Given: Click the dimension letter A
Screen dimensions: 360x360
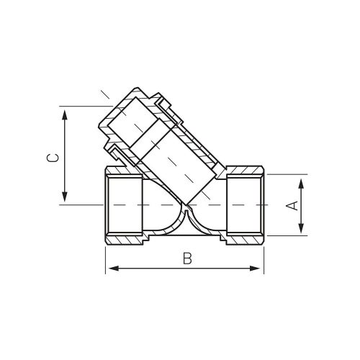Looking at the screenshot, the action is pos(293,205).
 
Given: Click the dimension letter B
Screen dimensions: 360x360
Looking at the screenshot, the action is pos(187,258).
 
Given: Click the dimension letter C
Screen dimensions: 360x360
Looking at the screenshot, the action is pos(53,158).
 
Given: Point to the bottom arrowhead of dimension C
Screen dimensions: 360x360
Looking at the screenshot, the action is pos(64,197).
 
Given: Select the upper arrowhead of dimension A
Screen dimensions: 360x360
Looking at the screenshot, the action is pos(301,185).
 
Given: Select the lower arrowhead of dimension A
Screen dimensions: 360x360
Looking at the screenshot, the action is pos(301,228).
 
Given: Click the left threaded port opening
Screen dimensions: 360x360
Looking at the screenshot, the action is pos(125,204).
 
